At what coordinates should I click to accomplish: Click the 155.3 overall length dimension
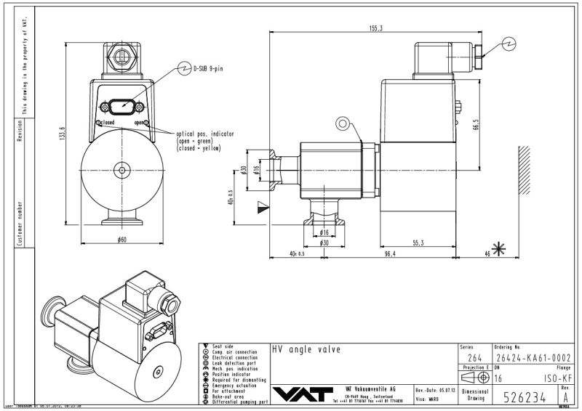coord(375,28)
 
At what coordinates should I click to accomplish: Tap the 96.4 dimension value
coord(389,253)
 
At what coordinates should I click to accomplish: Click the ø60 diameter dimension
coord(122,238)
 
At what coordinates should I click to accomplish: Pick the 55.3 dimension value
coord(438,243)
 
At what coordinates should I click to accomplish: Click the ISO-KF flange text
coord(554,378)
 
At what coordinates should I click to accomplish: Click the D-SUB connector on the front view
coord(122,106)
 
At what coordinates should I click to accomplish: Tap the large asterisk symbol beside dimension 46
coord(499,250)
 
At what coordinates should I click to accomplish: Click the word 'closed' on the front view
coord(107,123)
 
